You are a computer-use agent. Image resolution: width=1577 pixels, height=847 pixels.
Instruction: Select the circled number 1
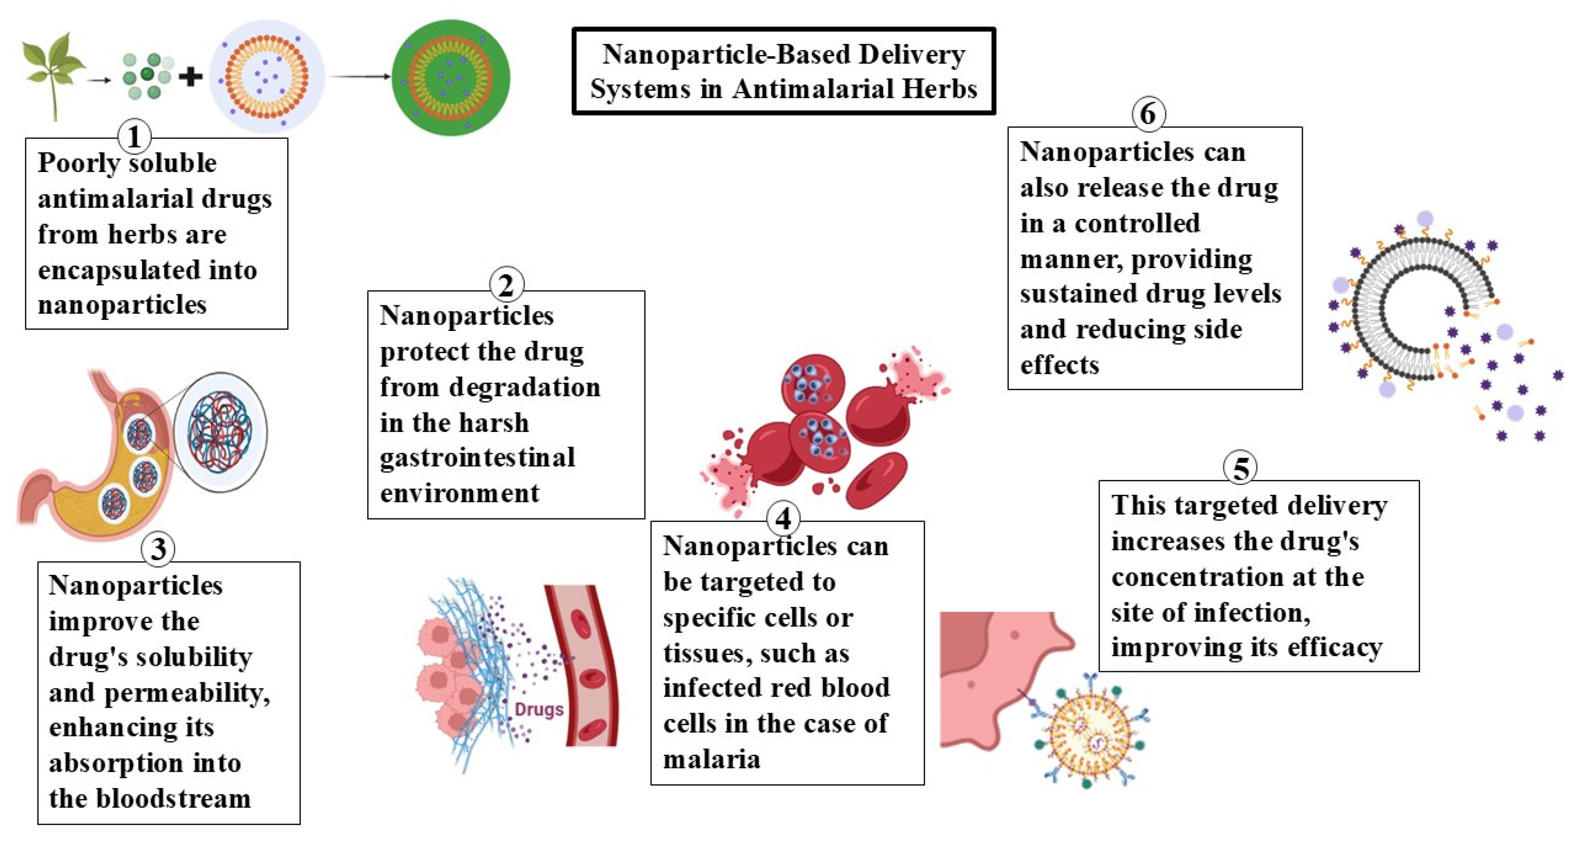click(134, 136)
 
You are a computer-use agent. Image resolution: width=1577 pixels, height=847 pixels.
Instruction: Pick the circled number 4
click(783, 519)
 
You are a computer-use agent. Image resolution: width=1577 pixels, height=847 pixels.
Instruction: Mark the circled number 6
click(1148, 114)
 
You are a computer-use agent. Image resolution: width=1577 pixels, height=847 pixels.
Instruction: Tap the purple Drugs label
click(539, 709)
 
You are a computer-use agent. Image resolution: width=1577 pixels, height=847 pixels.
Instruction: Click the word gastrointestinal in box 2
click(478, 458)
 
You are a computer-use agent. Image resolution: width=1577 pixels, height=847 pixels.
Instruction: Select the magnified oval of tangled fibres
click(220, 432)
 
